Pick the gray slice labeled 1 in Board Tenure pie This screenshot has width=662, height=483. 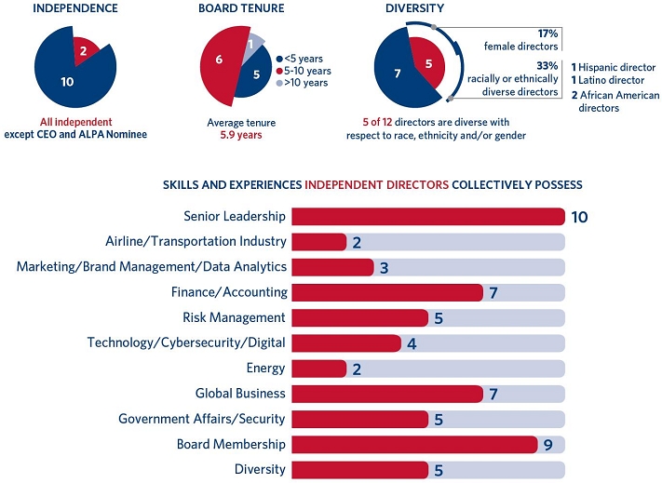pyautogui.click(x=251, y=43)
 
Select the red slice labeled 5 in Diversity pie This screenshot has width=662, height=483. pyautogui.click(x=428, y=64)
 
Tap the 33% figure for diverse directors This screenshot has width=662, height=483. pyautogui.click(x=547, y=65)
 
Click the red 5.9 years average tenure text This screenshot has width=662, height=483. pyautogui.click(x=240, y=135)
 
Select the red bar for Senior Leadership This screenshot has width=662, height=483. pyautogui.click(x=427, y=217)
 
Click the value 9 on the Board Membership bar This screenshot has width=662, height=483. pyautogui.click(x=548, y=445)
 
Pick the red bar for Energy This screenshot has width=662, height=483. pyautogui.click(x=318, y=369)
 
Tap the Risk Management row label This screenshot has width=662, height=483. pyautogui.click(x=234, y=317)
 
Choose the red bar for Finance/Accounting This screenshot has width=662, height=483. pyautogui.click(x=386, y=292)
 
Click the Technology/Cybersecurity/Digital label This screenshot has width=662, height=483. pyautogui.click(x=186, y=342)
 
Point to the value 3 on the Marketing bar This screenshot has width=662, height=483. pyautogui.click(x=383, y=268)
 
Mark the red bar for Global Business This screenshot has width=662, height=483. pyautogui.click(x=386, y=394)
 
